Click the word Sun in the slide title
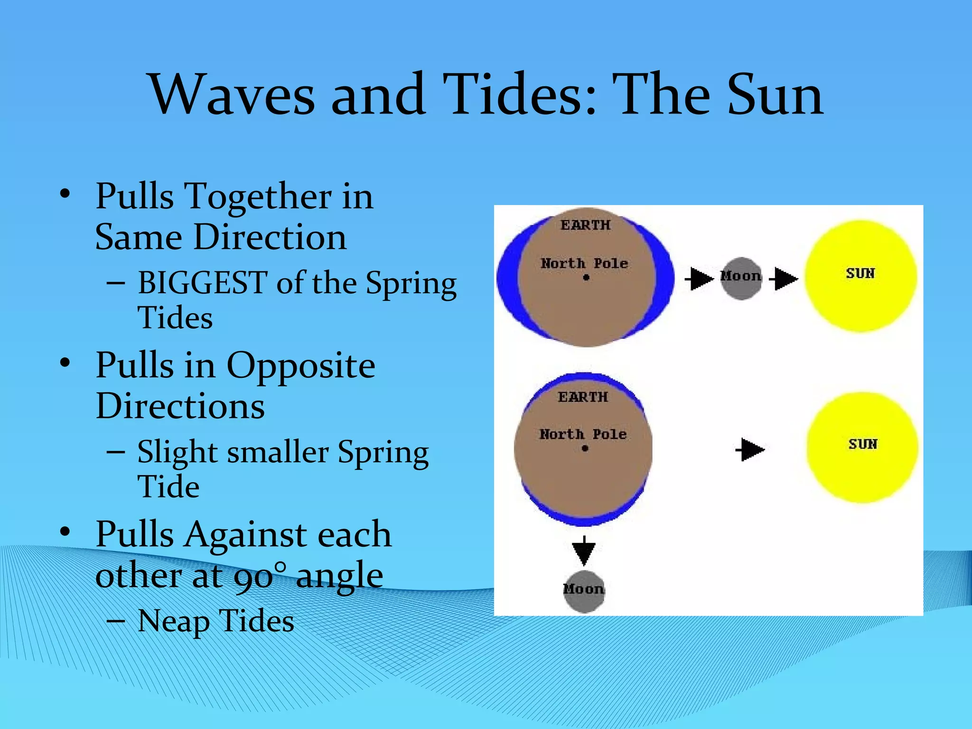pos(775,95)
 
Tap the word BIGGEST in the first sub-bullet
pos(202,283)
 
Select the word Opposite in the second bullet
pos(300,366)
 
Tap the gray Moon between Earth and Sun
pos(740,278)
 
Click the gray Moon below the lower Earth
pos(584,591)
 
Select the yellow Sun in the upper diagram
pos(860,276)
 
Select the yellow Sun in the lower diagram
pos(862,447)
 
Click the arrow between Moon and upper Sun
pos(784,279)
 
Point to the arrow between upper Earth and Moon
pos(700,279)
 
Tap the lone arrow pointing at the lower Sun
pos(750,449)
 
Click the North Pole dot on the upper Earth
pos(586,278)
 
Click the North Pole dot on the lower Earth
pos(585,448)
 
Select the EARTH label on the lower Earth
pos(583,397)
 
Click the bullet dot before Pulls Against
pos(65,531)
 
